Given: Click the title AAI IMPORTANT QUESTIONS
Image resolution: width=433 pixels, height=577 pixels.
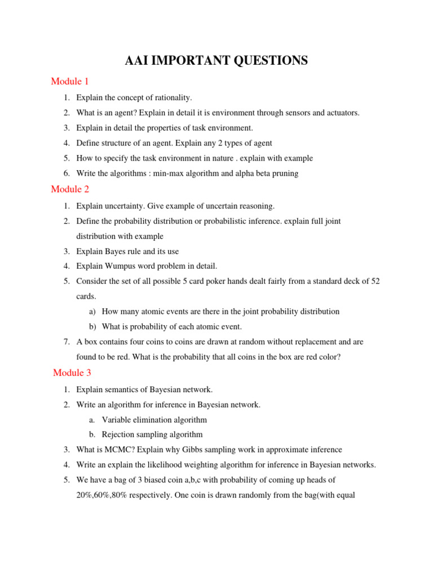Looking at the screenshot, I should (x=216, y=61).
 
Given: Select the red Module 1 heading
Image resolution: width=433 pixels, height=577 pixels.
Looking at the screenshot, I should (x=70, y=82).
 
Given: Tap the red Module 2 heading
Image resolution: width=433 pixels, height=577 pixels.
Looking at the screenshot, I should (x=70, y=189).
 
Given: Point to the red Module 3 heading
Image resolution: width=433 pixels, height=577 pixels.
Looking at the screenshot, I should (x=72, y=373).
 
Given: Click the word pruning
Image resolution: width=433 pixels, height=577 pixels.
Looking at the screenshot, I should (x=284, y=174).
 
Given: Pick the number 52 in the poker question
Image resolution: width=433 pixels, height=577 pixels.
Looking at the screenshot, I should (x=374, y=281).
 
